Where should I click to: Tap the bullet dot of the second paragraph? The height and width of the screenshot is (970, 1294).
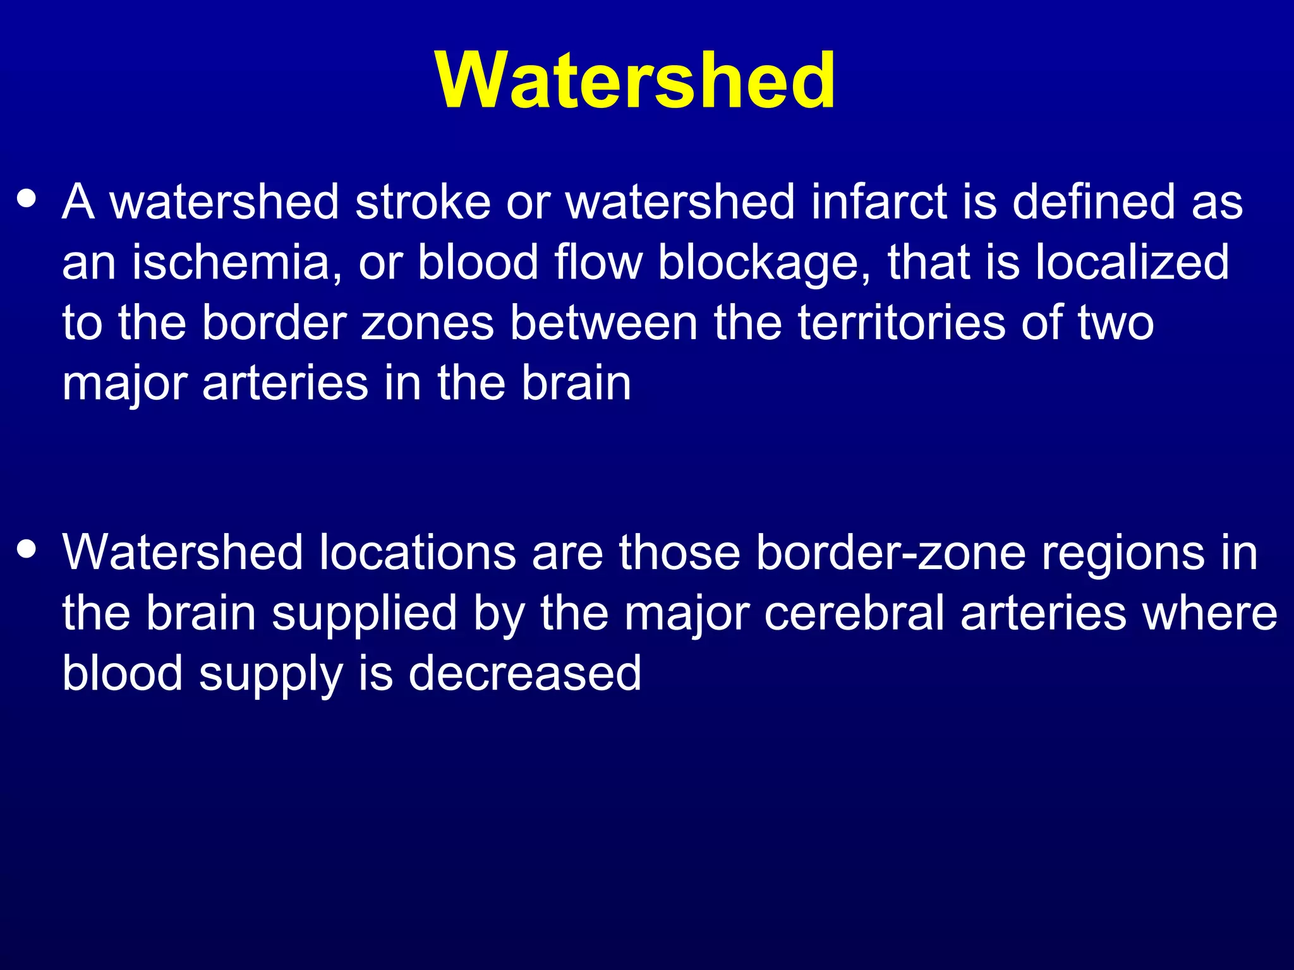tap(27, 549)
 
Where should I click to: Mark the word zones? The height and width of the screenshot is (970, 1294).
tap(427, 323)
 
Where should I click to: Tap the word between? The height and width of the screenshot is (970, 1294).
tap(603, 323)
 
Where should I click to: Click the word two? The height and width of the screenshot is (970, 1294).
tap(1116, 323)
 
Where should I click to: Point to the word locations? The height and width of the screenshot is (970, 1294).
tap(418, 553)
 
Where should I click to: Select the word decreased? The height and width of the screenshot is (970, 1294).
tap(524, 674)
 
